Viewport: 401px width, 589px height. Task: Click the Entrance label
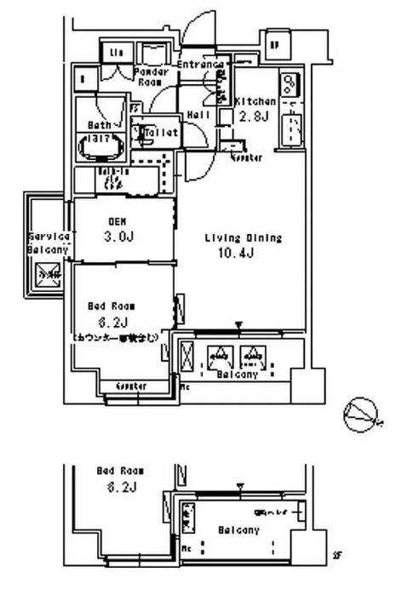(x=202, y=65)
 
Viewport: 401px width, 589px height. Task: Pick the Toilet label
(x=161, y=133)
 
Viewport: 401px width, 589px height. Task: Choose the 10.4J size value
(x=241, y=254)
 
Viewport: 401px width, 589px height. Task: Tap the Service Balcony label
(x=48, y=243)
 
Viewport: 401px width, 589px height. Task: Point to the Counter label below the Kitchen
(x=244, y=159)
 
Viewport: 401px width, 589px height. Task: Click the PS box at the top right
(x=274, y=45)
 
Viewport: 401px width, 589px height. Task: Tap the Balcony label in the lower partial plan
(x=239, y=529)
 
